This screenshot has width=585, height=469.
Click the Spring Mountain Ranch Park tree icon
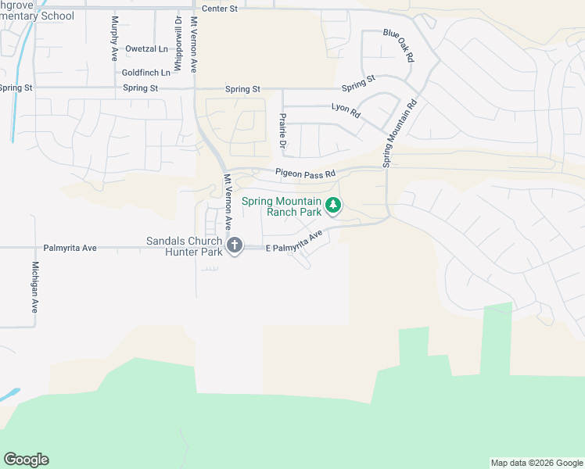point(334,206)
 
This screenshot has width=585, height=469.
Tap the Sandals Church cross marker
point(234,246)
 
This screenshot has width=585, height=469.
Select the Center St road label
point(219,9)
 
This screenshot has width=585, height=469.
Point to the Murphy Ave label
point(115,39)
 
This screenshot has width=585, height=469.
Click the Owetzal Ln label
point(146,48)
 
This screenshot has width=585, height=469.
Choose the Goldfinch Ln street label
point(146,73)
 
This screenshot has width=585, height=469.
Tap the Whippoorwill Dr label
point(178,45)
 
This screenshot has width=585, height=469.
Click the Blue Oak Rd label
point(398,45)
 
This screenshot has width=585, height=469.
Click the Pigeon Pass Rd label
point(304,173)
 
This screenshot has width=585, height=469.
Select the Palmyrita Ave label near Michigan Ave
point(70,248)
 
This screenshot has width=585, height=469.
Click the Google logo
point(26,460)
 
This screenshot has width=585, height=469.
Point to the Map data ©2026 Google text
point(536,463)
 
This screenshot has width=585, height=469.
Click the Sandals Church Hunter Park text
point(185,246)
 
